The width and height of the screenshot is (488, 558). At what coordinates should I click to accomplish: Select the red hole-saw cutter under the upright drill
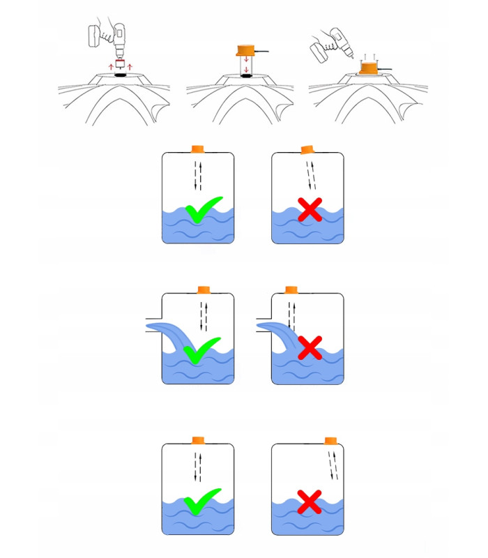pos(119,63)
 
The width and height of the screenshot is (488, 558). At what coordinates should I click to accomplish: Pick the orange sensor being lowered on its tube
pos(247,50)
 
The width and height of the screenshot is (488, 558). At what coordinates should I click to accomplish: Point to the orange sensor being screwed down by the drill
pos(368,68)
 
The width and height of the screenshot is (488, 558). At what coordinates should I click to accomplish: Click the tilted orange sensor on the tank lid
pos(306,149)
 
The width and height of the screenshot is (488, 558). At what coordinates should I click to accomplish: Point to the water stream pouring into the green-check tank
pos(167,333)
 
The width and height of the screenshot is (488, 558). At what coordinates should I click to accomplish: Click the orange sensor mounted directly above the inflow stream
pos(291,289)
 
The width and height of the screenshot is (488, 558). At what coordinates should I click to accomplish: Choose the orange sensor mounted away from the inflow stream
pos(204,289)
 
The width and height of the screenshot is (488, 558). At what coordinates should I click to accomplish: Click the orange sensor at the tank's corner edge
pos(331,440)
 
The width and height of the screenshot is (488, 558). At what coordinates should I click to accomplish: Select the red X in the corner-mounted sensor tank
pos(310,500)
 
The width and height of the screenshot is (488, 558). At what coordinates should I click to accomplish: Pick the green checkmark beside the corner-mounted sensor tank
pos(202,500)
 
